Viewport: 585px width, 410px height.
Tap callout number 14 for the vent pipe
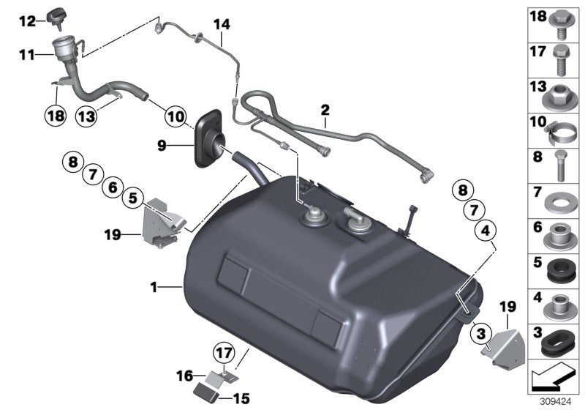pyautogui.click(x=221, y=25)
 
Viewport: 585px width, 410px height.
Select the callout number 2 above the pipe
pyautogui.click(x=325, y=111)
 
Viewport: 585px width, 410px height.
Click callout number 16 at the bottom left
pyautogui.click(x=183, y=376)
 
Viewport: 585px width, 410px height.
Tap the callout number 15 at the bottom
pyautogui.click(x=241, y=399)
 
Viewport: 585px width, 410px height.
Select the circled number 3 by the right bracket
pyautogui.click(x=479, y=335)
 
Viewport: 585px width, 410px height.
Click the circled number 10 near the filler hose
pyautogui.click(x=176, y=115)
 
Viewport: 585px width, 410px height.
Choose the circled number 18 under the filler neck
pyautogui.click(x=56, y=115)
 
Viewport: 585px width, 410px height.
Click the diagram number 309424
pyautogui.click(x=567, y=401)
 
